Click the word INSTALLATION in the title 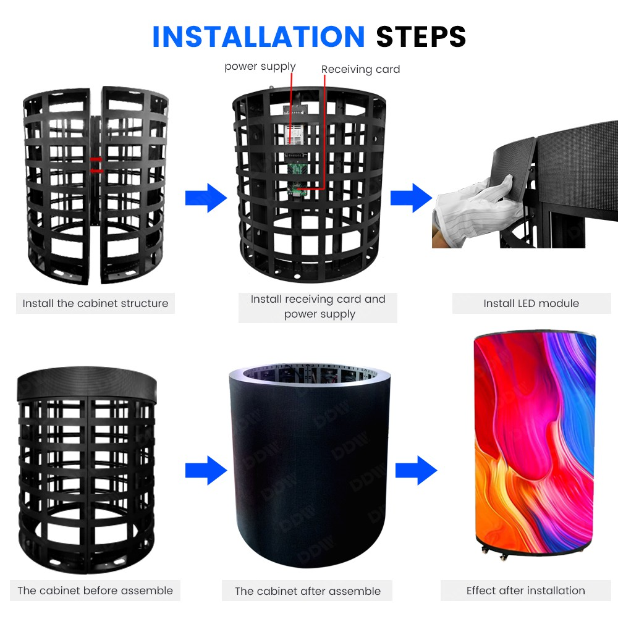pyautogui.click(x=258, y=37)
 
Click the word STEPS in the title pyautogui.click(x=421, y=37)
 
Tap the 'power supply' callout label pyautogui.click(x=260, y=67)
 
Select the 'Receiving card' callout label pyautogui.click(x=360, y=70)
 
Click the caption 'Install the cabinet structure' pyautogui.click(x=95, y=303)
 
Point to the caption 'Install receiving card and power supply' pyautogui.click(x=318, y=307)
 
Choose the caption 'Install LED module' pyautogui.click(x=531, y=303)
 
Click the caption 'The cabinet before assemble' pyautogui.click(x=95, y=591)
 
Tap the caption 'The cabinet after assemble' pyautogui.click(x=307, y=591)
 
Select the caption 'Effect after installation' pyautogui.click(x=525, y=591)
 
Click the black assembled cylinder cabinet pyautogui.click(x=309, y=469)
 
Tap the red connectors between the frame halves pyautogui.click(x=96, y=164)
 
